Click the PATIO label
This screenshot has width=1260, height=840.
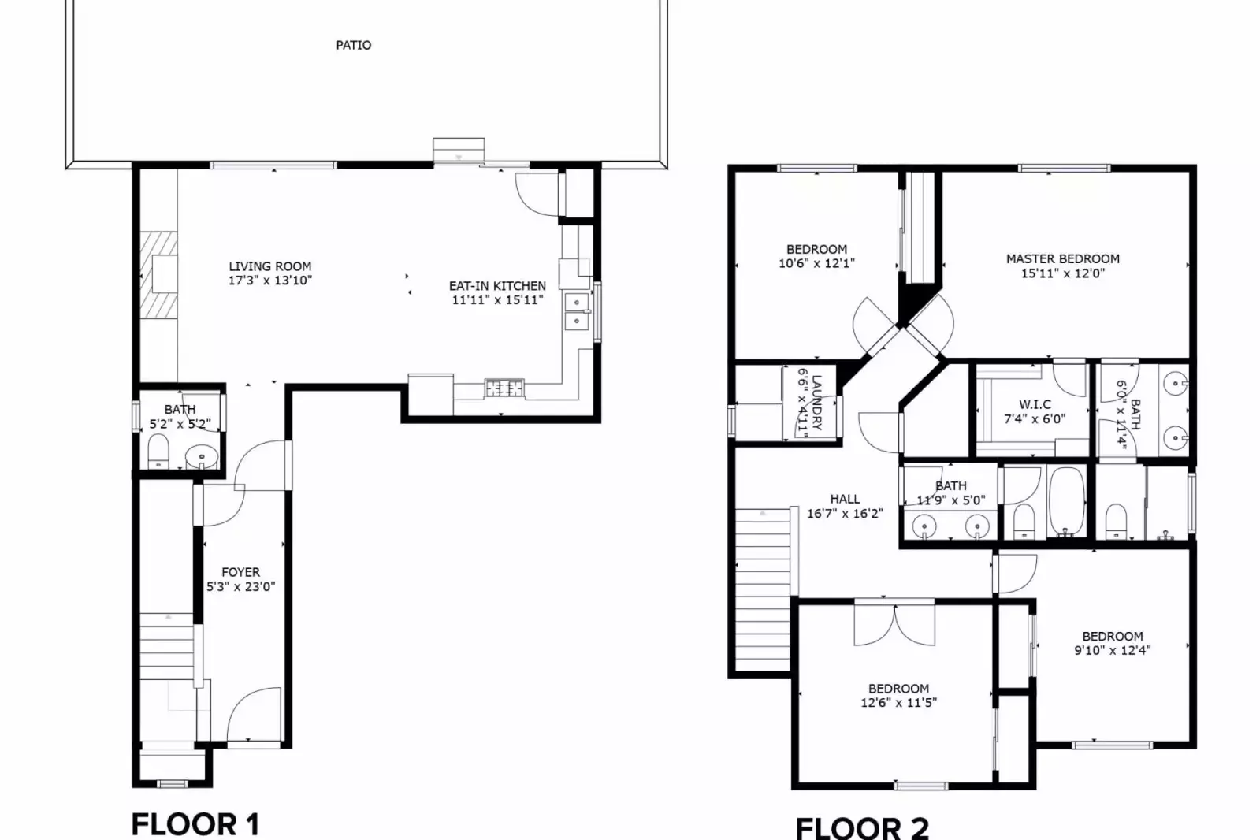(x=353, y=45)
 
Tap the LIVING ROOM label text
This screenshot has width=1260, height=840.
(x=269, y=266)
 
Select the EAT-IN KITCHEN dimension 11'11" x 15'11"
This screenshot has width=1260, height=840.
(x=497, y=299)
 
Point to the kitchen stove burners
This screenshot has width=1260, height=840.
(x=504, y=388)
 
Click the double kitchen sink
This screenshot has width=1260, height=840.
(x=578, y=311)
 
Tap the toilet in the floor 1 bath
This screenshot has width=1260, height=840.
(x=159, y=452)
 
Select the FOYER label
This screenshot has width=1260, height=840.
(x=240, y=572)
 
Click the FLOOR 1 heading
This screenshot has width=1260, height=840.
(x=195, y=824)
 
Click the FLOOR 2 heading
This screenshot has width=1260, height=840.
(x=862, y=828)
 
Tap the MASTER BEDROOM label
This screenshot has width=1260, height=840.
(x=1062, y=258)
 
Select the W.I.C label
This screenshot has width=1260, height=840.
(x=1035, y=404)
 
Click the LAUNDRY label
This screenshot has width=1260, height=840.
(x=817, y=402)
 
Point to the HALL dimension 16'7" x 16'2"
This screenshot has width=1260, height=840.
(x=845, y=513)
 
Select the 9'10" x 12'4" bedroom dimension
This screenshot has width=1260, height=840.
(x=1112, y=650)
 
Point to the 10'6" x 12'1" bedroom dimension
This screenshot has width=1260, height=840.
(x=816, y=263)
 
